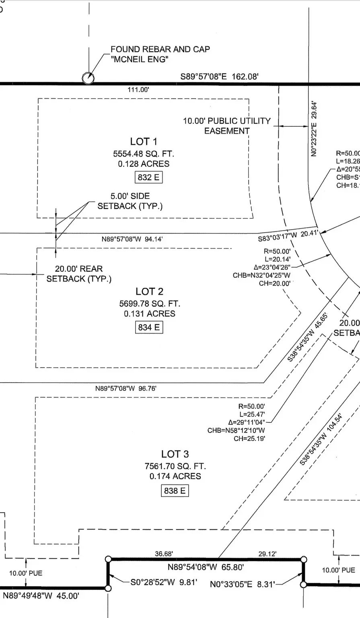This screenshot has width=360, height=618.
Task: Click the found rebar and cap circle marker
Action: click(x=88, y=78)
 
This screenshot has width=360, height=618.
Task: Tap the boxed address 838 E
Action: click(x=175, y=491)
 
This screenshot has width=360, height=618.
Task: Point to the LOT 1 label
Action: click(x=144, y=142)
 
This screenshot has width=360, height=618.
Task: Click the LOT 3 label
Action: click(x=175, y=454)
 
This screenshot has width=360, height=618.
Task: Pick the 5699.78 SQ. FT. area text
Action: click(x=149, y=303)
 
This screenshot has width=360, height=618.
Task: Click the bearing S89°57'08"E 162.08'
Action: click(x=219, y=76)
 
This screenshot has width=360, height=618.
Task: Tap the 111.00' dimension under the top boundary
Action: click(x=138, y=90)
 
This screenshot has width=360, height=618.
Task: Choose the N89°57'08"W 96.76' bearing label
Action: click(x=125, y=389)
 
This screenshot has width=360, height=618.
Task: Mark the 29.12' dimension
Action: click(x=267, y=554)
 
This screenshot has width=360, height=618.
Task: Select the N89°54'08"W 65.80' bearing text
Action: click(x=206, y=568)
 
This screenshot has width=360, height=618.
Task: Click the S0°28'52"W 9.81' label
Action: click(x=164, y=582)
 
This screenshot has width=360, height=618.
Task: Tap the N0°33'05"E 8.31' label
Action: click(x=243, y=584)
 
